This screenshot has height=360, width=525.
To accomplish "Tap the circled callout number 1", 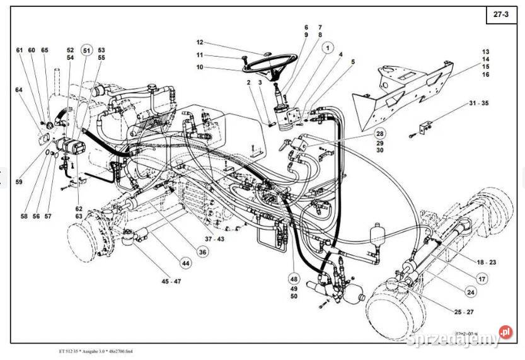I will pos(328,46).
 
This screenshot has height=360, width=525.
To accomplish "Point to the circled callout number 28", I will pos(379,133).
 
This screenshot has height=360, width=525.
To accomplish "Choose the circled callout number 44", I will pos(185,262).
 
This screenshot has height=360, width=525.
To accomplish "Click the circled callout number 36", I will pos(202,252).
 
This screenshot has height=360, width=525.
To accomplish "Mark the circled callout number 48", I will pos(294,278).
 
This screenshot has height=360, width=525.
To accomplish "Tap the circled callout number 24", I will pos(470,291).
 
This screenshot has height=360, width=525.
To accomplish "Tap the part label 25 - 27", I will pos(462,311).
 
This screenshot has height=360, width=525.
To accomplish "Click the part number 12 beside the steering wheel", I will pos(200,42).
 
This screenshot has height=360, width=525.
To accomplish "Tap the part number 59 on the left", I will pos(18,183).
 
